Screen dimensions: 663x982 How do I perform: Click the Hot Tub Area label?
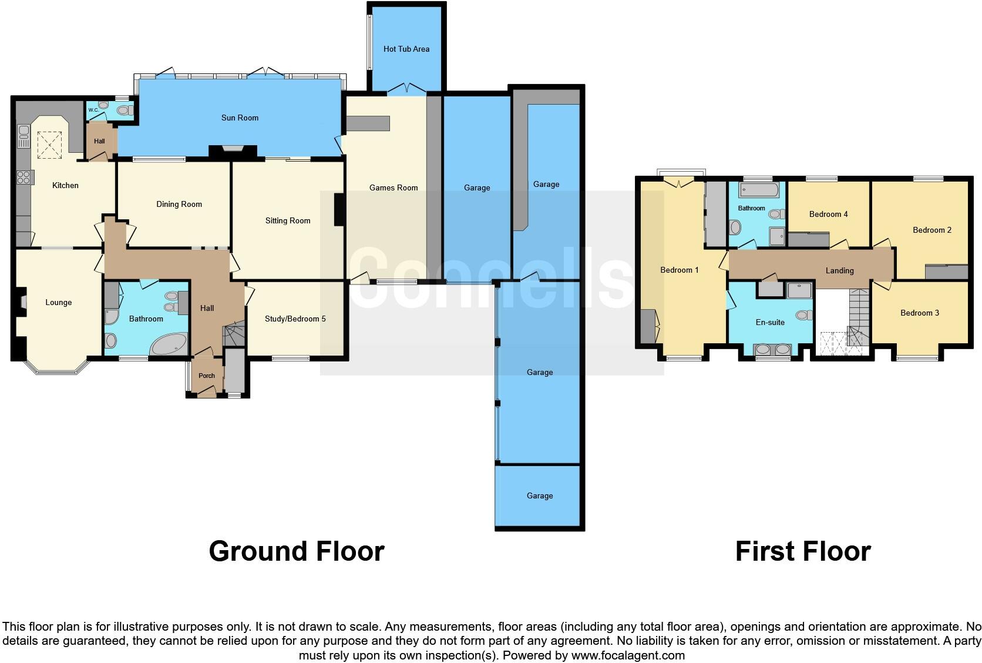tap(406, 49)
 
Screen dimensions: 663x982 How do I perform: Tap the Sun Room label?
tap(240, 118)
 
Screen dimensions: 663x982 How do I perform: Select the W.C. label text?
tap(93, 110)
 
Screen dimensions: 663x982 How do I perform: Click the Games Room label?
tap(394, 188)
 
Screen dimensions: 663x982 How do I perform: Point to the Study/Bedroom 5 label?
tap(295, 319)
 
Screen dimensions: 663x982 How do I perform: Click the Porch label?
tap(207, 376)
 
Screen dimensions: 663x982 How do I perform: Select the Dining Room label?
tap(179, 205)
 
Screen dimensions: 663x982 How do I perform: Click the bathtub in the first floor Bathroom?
tap(759, 190)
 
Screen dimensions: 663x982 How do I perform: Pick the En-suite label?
tap(770, 323)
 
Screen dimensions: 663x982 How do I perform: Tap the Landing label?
tap(839, 271)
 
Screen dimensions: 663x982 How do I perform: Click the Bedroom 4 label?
tap(828, 215)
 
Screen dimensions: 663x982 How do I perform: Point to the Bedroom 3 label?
tap(920, 313)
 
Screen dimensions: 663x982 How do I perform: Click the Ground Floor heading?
tap(297, 551)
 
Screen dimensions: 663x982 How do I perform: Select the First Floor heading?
tap(803, 551)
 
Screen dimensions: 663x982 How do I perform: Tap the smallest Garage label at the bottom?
tap(539, 496)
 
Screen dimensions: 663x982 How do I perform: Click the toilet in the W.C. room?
tap(124, 110)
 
